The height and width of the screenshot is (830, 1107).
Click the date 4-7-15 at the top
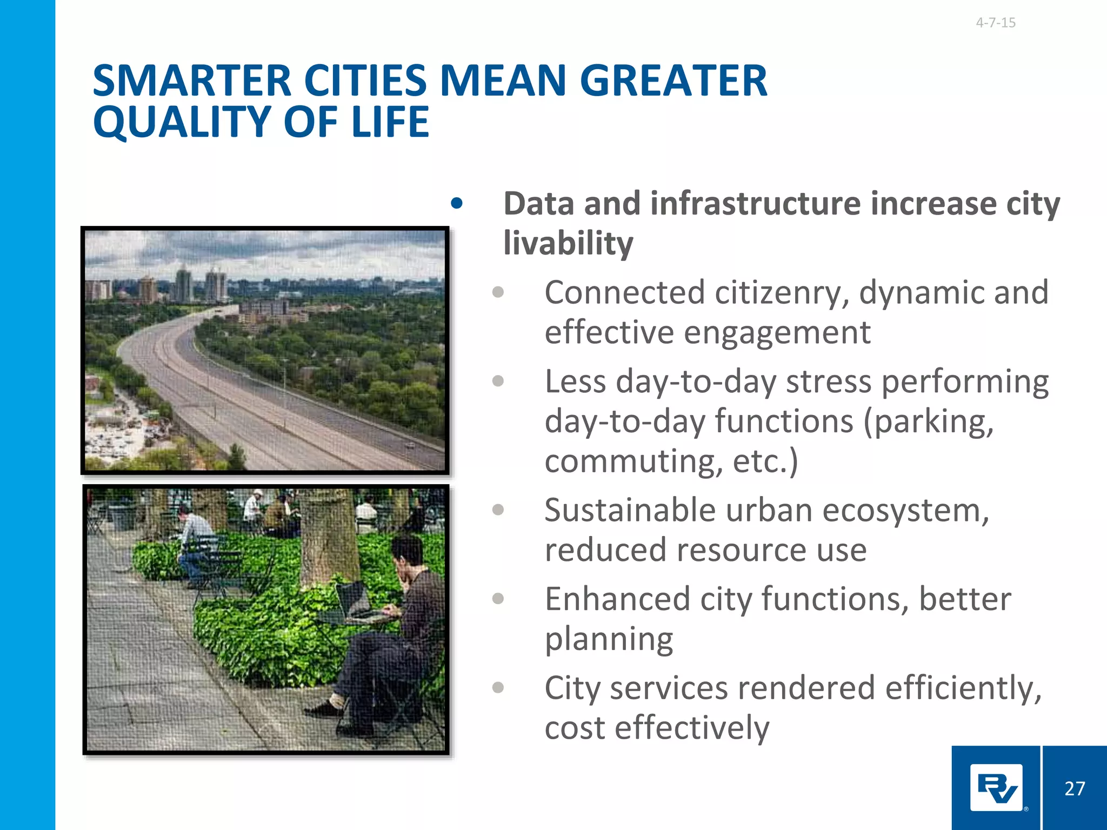pos(996,23)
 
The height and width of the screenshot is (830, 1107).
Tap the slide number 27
pos(1075,788)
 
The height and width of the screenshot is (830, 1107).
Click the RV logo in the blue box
pos(996,788)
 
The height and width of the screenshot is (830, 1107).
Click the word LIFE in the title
pos(390,122)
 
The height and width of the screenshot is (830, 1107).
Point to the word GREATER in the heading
pos(673,81)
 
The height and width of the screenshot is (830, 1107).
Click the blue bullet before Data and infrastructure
pos(457,204)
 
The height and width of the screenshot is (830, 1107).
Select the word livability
pos(568,243)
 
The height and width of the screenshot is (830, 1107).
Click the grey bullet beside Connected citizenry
pos(498,293)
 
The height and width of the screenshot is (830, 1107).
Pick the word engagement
pos(777,332)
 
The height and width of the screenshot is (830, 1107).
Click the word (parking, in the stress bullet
pos(928,421)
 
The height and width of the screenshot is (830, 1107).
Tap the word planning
pos(609,639)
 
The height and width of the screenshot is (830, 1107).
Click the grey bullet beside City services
pos(498,688)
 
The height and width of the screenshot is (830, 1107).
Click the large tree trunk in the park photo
pos(328,535)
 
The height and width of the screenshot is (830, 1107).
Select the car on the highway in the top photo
pos(410,446)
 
